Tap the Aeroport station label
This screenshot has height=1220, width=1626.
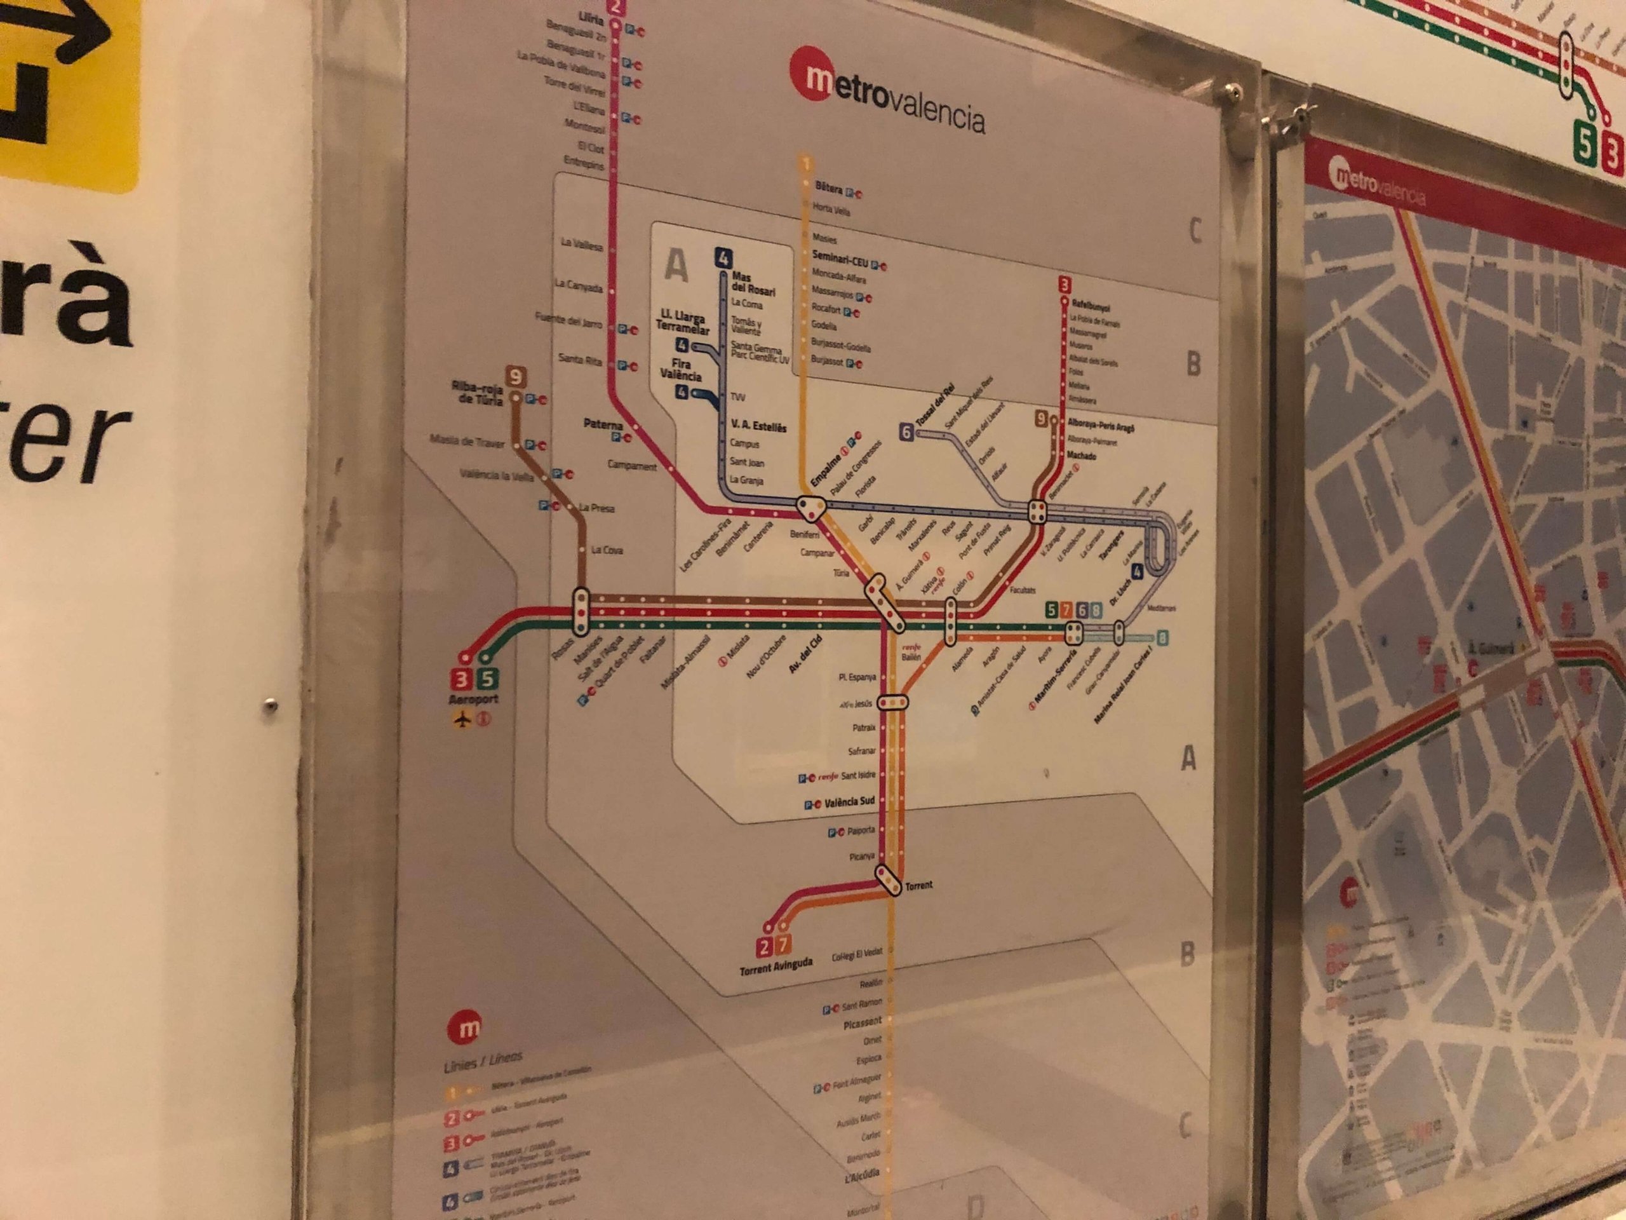[473, 700]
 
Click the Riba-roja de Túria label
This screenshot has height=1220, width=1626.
[478, 394]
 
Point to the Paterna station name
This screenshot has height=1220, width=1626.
[603, 424]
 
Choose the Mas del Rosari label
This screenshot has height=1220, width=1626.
[753, 284]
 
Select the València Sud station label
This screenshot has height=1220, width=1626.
[849, 801]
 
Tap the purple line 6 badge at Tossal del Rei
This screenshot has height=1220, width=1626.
[906, 433]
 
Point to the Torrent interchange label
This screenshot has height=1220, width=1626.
[919, 885]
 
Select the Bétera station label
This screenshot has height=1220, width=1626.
[828, 188]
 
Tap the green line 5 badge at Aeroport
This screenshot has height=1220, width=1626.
[486, 679]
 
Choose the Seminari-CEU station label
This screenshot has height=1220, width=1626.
[840, 258]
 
